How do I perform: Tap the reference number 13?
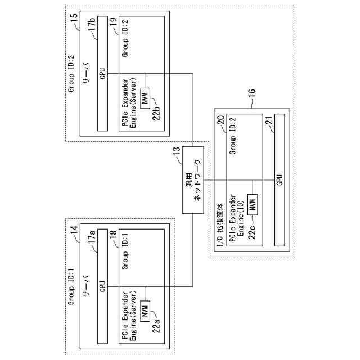click(177, 150)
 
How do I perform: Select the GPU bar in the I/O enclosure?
click(279, 179)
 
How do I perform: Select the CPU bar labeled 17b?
click(102, 73)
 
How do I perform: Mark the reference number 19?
click(113, 22)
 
